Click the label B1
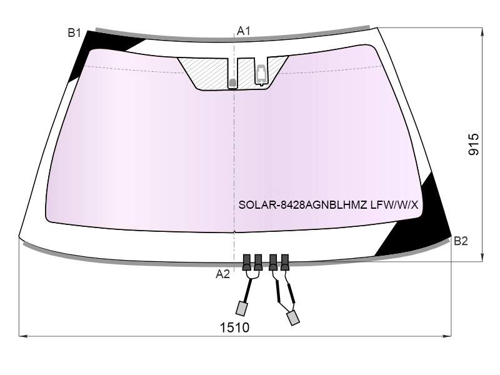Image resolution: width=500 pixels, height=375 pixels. click(x=74, y=32)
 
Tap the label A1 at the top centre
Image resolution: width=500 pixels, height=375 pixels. click(x=244, y=31)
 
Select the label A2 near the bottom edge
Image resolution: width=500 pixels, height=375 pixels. click(x=222, y=274)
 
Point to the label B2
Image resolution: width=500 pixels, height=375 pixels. click(x=461, y=241)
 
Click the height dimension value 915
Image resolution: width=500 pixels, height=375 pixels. click(x=474, y=144)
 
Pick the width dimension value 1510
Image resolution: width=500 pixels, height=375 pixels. click(x=235, y=327)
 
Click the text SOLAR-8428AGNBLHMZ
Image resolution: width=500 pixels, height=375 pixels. click(x=302, y=205)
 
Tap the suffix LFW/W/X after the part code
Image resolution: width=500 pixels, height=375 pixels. click(x=394, y=205)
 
